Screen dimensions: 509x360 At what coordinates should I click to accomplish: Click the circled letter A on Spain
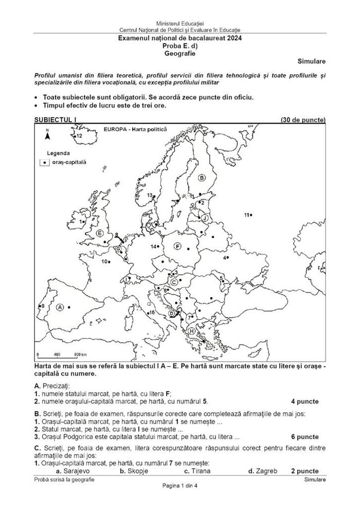(x=60, y=307)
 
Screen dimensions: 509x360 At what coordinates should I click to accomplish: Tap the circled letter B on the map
(x=202, y=178)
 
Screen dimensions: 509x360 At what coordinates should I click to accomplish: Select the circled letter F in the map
(x=177, y=247)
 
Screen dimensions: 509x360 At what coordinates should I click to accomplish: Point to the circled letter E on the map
(x=100, y=234)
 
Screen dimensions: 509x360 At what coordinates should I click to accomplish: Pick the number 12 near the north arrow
(x=79, y=136)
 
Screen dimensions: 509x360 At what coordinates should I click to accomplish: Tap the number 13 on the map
(x=150, y=196)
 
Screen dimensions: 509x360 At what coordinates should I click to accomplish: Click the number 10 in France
(x=104, y=261)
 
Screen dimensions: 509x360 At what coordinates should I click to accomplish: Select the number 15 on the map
(x=151, y=312)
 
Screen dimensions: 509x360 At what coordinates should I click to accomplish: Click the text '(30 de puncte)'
(x=303, y=120)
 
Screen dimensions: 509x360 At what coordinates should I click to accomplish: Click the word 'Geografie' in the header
(x=180, y=52)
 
